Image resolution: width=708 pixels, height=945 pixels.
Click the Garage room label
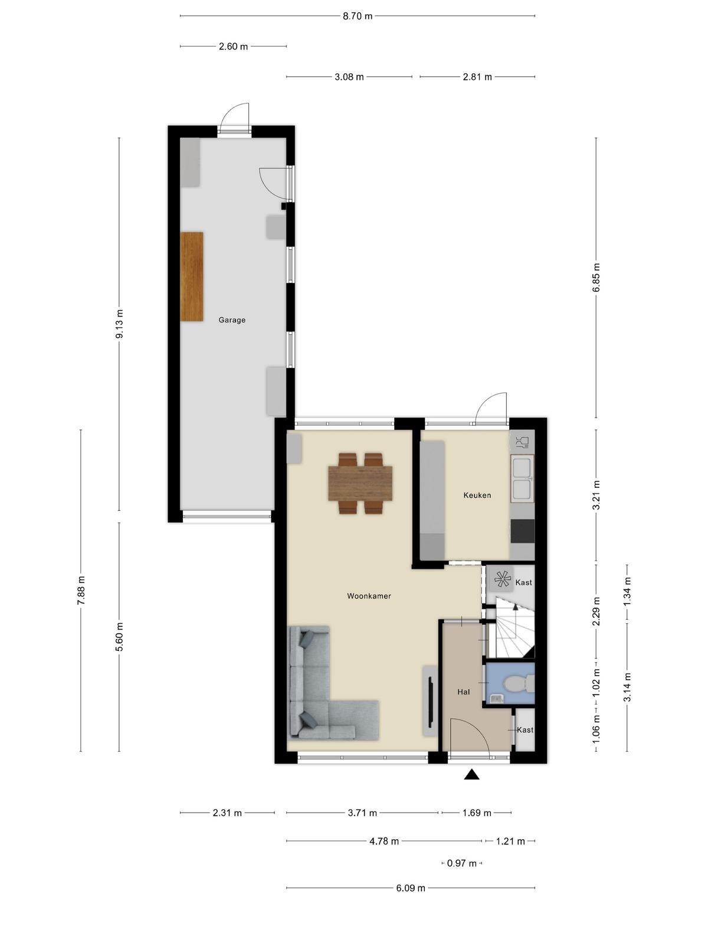point(232,320)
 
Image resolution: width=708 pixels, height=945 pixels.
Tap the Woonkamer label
point(369,597)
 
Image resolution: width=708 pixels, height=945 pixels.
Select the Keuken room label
point(477,495)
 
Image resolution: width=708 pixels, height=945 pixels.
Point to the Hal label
point(463,692)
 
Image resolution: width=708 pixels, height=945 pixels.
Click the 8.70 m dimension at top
point(357,17)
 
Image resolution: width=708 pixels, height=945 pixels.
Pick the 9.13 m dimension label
point(119,323)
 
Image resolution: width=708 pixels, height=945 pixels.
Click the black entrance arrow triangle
point(471,774)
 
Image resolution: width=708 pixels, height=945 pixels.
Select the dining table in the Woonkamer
point(360,483)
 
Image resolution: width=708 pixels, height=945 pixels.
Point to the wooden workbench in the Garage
point(192,276)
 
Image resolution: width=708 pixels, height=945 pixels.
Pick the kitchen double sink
point(522,478)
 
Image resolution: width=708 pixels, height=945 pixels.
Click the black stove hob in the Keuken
point(523,531)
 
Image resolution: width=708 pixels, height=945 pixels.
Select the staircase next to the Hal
point(514,627)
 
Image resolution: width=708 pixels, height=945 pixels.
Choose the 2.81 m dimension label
point(477,77)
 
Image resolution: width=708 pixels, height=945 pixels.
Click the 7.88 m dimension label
point(81,590)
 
